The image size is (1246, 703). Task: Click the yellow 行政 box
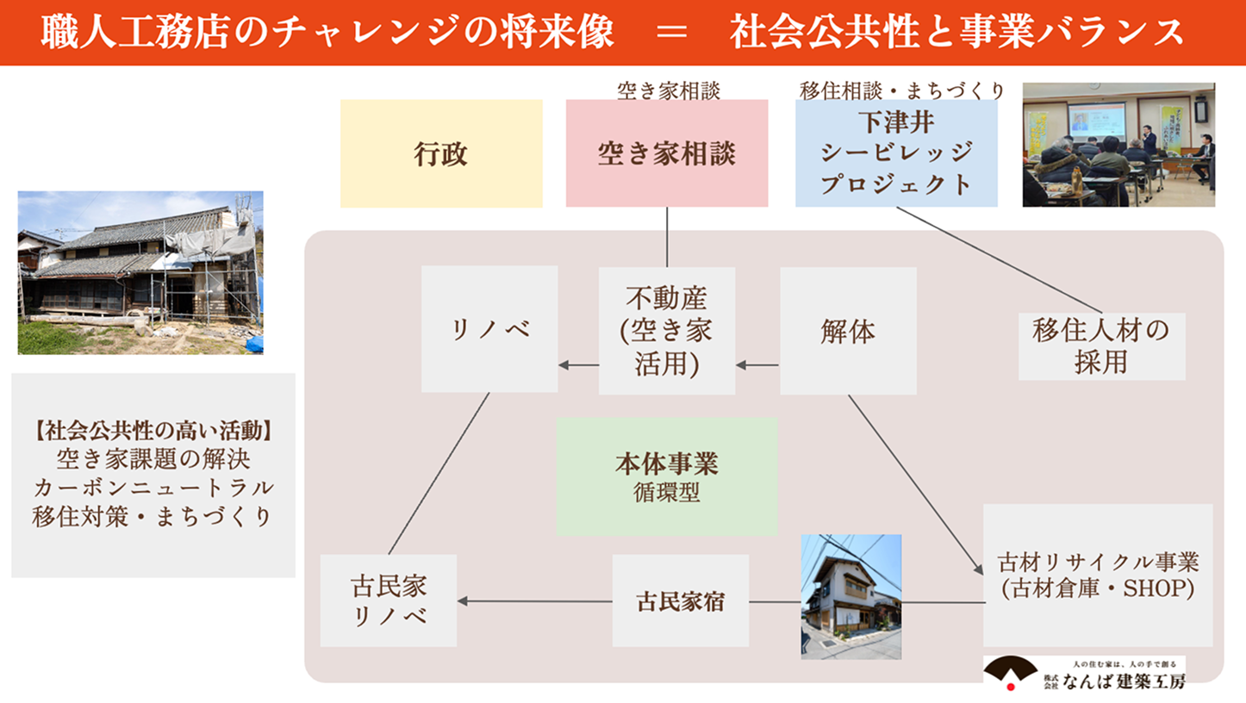[x=441, y=154]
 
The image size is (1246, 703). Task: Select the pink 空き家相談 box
[x=666, y=154]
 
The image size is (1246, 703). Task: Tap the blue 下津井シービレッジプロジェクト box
[x=896, y=154]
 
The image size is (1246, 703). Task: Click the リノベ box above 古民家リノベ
[x=489, y=330]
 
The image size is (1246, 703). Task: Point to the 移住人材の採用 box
[x=1101, y=346]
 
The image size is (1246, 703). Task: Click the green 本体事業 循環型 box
[x=667, y=477]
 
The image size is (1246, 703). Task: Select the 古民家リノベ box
[x=389, y=601]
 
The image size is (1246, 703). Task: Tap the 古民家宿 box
[x=681, y=601]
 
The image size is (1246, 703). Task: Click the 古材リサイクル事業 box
[x=1098, y=575]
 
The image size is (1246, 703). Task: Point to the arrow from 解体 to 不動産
[x=757, y=365]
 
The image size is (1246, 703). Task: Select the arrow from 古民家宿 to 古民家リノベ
[x=534, y=601]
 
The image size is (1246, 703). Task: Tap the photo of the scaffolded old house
[x=140, y=272]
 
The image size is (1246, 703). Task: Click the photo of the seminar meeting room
[x=1118, y=145]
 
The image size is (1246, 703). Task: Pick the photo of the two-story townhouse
[x=850, y=596]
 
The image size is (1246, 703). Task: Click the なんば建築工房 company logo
[x=1084, y=673]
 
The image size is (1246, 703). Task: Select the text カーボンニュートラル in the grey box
[x=153, y=487]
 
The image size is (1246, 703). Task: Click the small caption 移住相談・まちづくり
[x=902, y=90]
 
